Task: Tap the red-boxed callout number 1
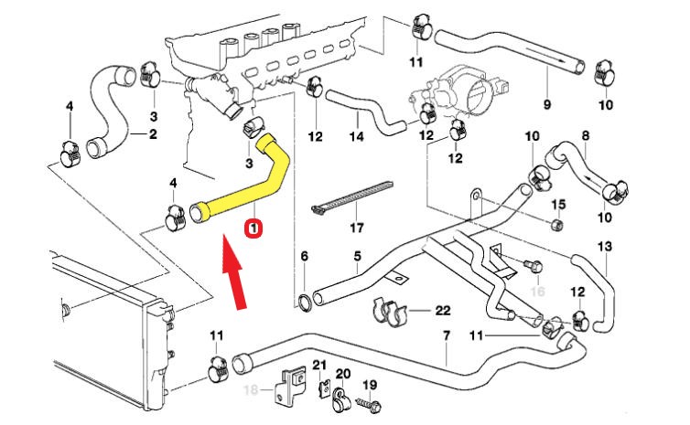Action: tap(255, 227)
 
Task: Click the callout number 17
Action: tap(356, 228)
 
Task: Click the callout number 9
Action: tap(547, 104)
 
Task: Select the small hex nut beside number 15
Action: tap(559, 224)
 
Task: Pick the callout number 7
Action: tap(446, 335)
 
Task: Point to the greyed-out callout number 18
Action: tap(249, 390)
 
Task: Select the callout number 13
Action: tap(604, 247)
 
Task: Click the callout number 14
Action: tap(356, 137)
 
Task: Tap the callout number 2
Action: tap(153, 134)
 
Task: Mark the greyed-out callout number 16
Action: tap(537, 291)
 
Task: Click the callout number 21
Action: tap(320, 366)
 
